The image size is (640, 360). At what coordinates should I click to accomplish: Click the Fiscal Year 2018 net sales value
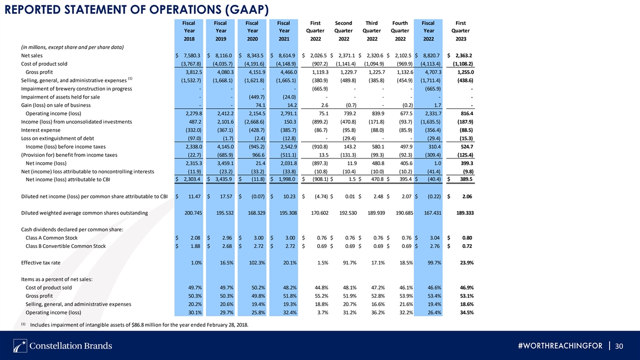(x=193, y=55)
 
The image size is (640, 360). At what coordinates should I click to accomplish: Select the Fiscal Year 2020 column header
(x=252, y=31)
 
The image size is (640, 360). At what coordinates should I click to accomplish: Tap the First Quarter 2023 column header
(x=460, y=31)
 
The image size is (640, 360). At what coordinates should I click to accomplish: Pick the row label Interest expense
(x=41, y=130)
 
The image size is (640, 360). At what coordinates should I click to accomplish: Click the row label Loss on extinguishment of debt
(x=58, y=138)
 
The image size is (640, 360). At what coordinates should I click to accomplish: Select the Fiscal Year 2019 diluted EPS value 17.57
(x=226, y=196)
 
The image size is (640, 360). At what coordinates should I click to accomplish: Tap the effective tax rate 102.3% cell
(x=257, y=262)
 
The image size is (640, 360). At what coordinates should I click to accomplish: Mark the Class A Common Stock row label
(x=51, y=238)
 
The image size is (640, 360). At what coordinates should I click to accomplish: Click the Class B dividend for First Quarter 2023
(x=467, y=246)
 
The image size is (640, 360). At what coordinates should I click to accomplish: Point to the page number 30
(x=619, y=346)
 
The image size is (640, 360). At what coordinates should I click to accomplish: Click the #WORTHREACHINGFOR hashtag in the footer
(x=560, y=346)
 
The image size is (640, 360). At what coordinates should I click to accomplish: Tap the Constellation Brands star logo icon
(x=20, y=346)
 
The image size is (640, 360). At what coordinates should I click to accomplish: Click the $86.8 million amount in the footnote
(x=146, y=325)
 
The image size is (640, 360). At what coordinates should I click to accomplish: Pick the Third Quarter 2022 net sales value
(x=375, y=55)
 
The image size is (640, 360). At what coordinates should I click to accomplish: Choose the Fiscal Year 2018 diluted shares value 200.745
(x=193, y=213)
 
